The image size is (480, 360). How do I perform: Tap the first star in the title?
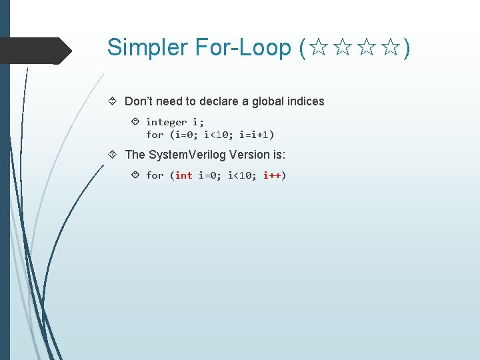[319, 48]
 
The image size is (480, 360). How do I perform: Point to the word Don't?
[139, 101]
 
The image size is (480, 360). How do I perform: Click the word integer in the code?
[166, 122]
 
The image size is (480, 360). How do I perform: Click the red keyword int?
[183, 175]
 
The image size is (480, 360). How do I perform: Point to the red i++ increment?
[272, 175]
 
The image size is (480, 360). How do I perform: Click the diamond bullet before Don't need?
[113, 101]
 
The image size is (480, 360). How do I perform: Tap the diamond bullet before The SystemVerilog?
[113, 155]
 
